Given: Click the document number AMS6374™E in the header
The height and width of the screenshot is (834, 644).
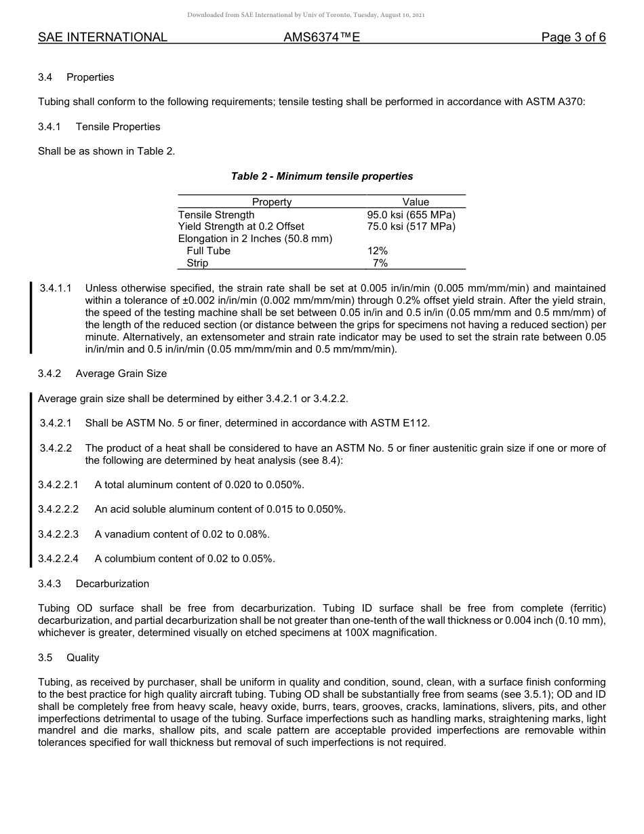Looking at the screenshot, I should pyautogui.click(x=321, y=37).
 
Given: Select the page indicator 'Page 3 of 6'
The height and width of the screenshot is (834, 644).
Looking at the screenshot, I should pyautogui.click(x=573, y=37).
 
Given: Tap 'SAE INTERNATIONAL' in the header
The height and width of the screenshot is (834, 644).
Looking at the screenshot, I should pyautogui.click(x=102, y=37).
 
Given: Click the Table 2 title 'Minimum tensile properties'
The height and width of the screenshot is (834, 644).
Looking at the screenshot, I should pyautogui.click(x=322, y=176).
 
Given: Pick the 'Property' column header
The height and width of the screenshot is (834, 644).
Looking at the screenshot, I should pyautogui.click(x=272, y=202).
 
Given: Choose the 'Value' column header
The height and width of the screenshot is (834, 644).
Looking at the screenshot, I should pyautogui.click(x=416, y=202).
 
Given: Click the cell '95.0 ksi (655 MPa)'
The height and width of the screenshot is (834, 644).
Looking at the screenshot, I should pyautogui.click(x=411, y=214).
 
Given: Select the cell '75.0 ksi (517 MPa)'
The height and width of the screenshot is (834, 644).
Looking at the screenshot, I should pyautogui.click(x=411, y=226).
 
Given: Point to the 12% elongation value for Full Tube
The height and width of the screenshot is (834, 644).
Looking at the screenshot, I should pyautogui.click(x=378, y=251).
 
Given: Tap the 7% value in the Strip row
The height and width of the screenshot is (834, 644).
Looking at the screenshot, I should pyautogui.click(x=380, y=263).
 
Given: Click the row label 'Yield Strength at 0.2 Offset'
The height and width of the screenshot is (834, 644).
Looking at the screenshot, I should pyautogui.click(x=241, y=226).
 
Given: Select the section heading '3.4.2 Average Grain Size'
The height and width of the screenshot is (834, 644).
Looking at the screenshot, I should pyautogui.click(x=102, y=374).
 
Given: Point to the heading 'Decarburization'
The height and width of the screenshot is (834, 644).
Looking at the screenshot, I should pyautogui.click(x=113, y=584).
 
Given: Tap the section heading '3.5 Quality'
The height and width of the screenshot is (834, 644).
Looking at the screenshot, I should pyautogui.click(x=68, y=658).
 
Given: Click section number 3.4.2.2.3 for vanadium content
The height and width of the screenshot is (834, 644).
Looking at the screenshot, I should pyautogui.click(x=58, y=534).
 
